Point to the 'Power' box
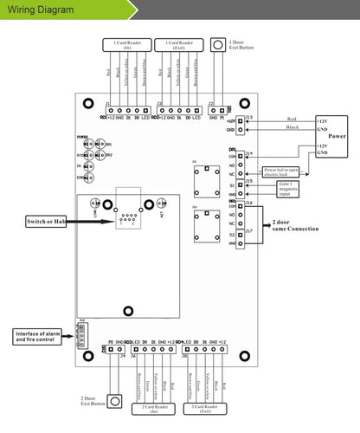coord(332,135)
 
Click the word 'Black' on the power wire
coord(291,127)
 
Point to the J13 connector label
coord(248,116)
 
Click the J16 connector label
coord(249,203)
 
